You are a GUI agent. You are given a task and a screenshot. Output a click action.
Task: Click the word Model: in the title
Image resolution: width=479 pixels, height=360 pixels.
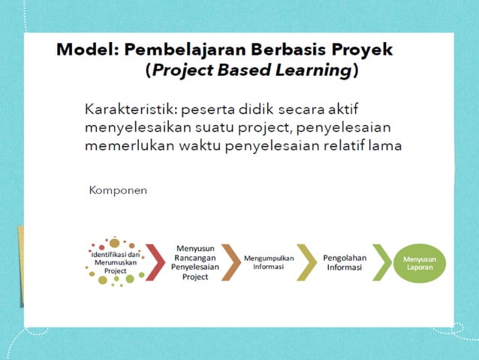point(88,50)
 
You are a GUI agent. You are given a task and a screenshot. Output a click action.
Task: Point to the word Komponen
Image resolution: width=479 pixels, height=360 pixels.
point(118,190)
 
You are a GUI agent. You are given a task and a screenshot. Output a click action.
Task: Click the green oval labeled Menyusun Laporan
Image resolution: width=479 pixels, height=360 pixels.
point(420,262)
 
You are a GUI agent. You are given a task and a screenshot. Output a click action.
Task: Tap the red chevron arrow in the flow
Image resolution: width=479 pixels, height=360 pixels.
point(155,262)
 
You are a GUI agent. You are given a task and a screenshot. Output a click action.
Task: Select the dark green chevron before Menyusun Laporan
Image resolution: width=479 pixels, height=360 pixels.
point(383,262)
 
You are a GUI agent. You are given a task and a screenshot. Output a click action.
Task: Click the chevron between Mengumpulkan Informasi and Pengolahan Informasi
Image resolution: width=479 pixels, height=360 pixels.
point(306,262)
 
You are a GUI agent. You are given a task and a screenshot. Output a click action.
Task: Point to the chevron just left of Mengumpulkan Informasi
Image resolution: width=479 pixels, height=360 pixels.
point(230,262)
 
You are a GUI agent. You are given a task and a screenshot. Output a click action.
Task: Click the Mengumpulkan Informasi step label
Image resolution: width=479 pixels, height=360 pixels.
point(268,262)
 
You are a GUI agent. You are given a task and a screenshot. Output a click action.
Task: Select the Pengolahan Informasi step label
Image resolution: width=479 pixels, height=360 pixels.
point(345,262)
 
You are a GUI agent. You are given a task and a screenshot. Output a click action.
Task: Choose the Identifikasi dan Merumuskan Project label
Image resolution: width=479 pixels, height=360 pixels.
point(115,262)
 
